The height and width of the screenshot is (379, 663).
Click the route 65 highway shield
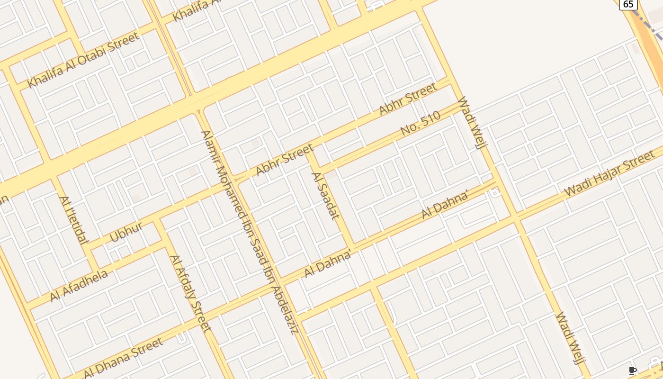point(628,4)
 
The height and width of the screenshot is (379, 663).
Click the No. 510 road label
point(420,123)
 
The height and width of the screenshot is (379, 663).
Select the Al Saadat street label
point(325,196)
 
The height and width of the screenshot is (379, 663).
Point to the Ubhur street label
point(126,232)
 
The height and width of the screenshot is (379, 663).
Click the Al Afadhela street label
point(79,285)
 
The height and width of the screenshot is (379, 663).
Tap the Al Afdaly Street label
point(190,293)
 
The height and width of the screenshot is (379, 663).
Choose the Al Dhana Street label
point(123,358)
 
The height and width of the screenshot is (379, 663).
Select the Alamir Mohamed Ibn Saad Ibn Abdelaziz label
point(249,232)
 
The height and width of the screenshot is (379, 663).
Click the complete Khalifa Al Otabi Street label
point(83,60)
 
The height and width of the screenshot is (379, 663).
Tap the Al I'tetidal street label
point(73,220)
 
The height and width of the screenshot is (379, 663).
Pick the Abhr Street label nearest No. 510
point(408,99)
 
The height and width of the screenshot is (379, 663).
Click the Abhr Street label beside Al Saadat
point(284,159)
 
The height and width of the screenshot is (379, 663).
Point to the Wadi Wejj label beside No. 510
point(472,123)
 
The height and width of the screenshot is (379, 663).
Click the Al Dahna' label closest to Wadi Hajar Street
point(445,204)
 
